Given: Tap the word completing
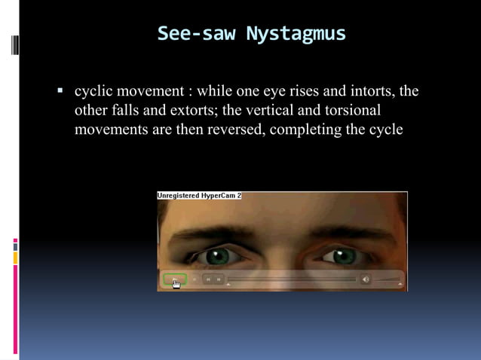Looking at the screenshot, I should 304,130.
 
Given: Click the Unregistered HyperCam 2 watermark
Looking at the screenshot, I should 199,196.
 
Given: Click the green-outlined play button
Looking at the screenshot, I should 174,279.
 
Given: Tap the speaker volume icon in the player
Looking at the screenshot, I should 366,279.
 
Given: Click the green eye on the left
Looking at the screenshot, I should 218,256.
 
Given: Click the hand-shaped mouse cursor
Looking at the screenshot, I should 176,284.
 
